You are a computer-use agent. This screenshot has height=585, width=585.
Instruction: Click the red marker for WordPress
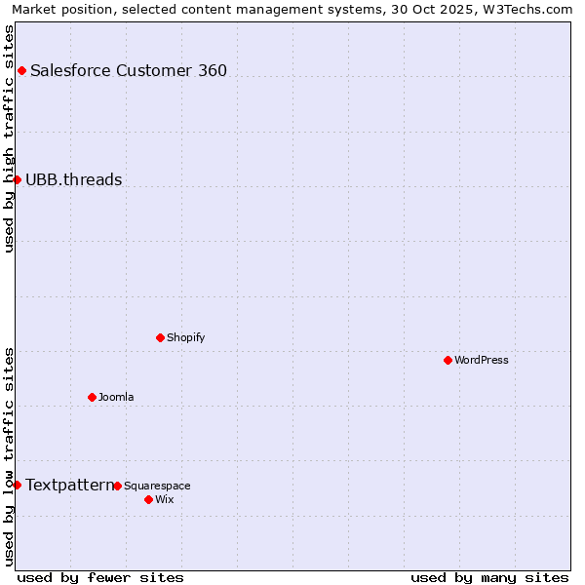click(448, 360)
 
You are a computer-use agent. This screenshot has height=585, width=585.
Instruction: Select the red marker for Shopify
click(160, 337)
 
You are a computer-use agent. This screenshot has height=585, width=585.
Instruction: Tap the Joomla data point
click(92, 397)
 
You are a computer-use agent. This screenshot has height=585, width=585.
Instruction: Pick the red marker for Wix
click(148, 499)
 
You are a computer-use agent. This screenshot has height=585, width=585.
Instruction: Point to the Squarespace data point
click(117, 486)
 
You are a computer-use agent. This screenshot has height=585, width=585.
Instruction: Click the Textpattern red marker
click(17, 485)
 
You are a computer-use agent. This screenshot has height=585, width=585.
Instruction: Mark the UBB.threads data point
click(17, 179)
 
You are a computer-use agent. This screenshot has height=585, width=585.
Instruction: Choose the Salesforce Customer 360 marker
click(21, 70)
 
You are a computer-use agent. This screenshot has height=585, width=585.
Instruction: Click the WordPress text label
click(482, 360)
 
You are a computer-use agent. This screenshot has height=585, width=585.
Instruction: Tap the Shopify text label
click(186, 337)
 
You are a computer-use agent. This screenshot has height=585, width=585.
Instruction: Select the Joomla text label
click(116, 397)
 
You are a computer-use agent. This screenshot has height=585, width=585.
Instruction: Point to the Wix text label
click(165, 499)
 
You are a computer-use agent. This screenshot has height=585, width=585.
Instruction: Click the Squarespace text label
click(157, 486)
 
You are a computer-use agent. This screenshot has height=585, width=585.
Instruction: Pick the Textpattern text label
click(69, 485)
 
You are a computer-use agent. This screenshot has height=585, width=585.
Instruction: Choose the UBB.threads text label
click(74, 179)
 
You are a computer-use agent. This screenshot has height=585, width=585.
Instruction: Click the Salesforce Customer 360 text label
click(129, 70)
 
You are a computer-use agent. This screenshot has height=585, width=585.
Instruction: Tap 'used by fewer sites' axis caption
click(100, 577)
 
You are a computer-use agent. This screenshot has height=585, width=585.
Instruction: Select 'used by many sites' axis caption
click(489, 577)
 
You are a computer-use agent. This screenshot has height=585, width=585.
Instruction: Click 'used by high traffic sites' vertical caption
click(9, 138)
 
